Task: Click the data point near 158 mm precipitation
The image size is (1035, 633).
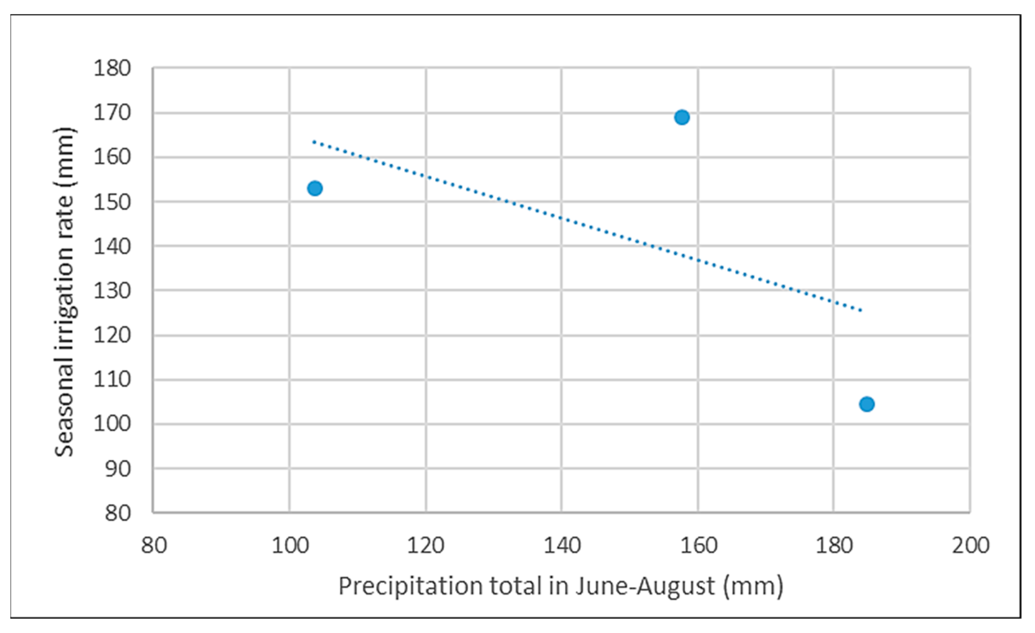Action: (682, 117)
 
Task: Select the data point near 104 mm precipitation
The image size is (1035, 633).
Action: (315, 188)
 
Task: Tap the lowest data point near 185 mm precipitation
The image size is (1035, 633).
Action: (867, 404)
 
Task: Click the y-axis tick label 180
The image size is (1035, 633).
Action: (112, 68)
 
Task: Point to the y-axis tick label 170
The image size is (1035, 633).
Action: (112, 113)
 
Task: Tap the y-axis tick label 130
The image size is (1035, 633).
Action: (112, 291)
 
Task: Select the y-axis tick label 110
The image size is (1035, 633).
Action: (112, 380)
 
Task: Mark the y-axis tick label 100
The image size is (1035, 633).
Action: (112, 424)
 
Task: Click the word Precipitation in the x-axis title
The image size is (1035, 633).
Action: (410, 586)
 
